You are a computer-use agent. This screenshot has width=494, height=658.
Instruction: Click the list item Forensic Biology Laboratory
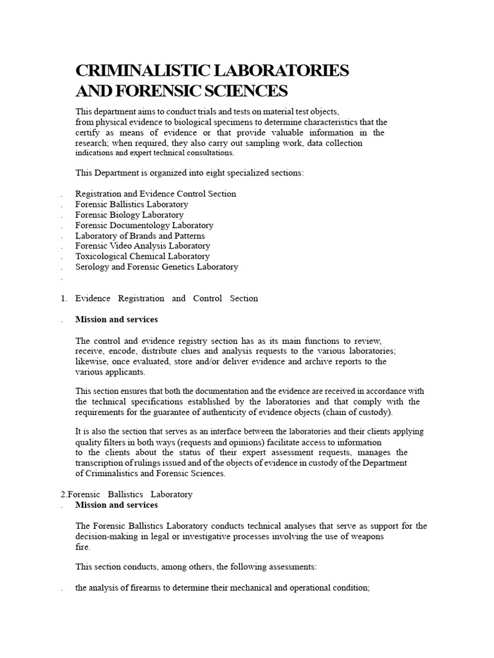point(129,215)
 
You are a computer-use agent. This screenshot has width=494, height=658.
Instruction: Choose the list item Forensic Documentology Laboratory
point(144,225)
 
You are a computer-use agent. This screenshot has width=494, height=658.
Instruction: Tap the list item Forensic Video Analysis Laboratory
point(142,245)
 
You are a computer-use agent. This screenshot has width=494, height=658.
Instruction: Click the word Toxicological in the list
point(100,256)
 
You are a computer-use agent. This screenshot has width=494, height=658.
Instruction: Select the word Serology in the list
point(92,267)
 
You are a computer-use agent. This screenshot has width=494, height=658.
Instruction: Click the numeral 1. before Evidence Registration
point(64,298)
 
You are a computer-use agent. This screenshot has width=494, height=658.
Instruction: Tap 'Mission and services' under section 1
point(116,319)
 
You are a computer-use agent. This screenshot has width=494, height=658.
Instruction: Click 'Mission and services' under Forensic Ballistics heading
point(116,505)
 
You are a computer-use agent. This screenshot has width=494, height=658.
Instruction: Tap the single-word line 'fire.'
point(83,547)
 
